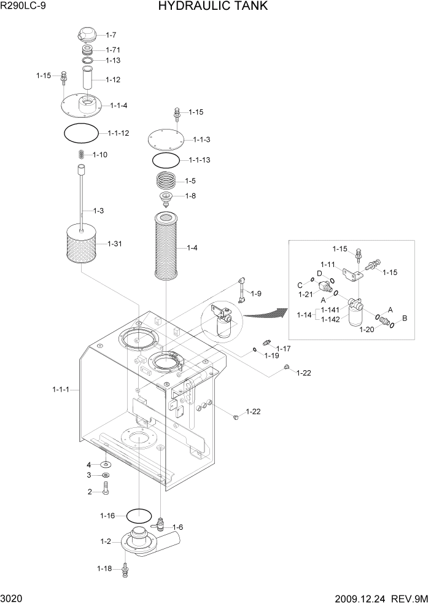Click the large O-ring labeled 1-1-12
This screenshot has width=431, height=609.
point(81,133)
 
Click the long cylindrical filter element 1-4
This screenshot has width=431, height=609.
point(166,247)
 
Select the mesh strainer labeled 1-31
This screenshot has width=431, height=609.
point(82,244)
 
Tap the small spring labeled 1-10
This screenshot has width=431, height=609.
point(81,155)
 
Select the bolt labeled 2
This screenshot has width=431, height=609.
point(106,491)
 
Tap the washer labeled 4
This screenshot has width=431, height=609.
point(106,465)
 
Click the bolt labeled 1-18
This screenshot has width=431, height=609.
point(125,568)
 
